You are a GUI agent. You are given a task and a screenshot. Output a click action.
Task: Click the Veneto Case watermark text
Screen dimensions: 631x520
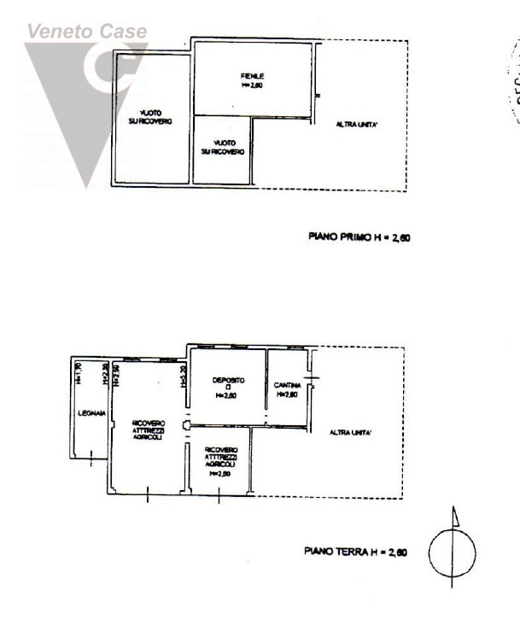pyautogui.click(x=86, y=32)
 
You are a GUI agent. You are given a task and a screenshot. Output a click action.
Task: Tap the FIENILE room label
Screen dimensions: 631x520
pyautogui.click(x=252, y=76)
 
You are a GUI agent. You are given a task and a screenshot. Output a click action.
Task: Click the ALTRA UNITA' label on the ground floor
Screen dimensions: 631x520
pyautogui.click(x=350, y=433)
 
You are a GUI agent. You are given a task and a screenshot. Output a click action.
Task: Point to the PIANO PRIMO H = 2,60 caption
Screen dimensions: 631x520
pyautogui.click(x=359, y=237)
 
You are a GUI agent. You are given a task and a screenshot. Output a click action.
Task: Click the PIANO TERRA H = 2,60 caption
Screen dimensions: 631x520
pyautogui.click(x=355, y=552)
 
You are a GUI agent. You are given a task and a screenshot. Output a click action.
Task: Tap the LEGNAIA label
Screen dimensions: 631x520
pyautogui.click(x=91, y=413)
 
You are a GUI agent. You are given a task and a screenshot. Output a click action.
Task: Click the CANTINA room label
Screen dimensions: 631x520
pyautogui.click(x=287, y=385)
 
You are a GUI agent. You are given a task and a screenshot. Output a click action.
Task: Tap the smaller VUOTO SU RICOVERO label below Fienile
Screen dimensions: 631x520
pyautogui.click(x=223, y=147)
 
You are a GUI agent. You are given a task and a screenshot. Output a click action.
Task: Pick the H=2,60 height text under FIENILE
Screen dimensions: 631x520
pyautogui.click(x=252, y=85)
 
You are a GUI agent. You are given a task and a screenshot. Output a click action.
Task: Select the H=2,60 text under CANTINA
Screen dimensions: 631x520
pyautogui.click(x=287, y=394)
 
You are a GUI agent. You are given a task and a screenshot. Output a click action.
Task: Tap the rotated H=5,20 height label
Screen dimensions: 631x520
pyautogui.click(x=184, y=376)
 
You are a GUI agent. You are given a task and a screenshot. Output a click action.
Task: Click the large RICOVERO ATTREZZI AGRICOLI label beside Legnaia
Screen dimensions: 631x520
pyautogui.click(x=148, y=430)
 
